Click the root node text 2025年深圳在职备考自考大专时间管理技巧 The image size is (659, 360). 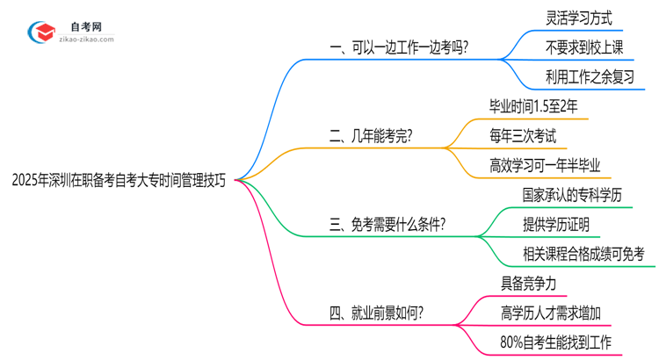[119, 181]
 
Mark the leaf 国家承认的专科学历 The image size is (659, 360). [572, 194]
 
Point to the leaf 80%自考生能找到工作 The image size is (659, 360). [554, 342]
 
